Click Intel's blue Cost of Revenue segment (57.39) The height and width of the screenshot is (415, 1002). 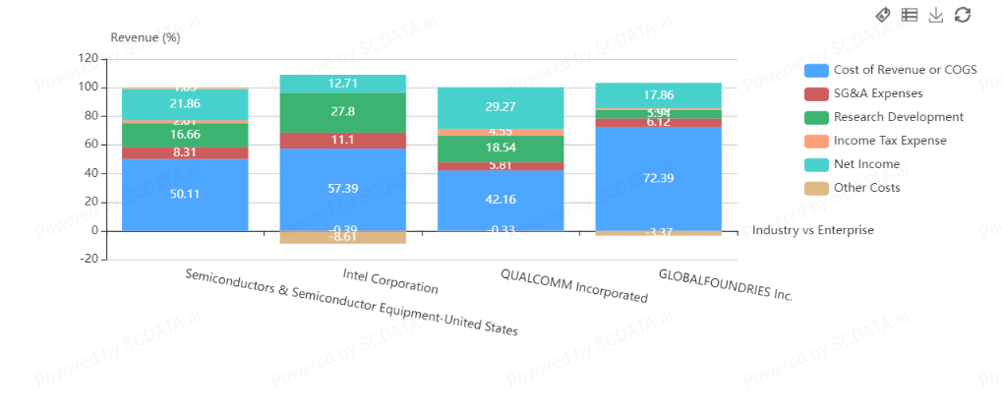342,190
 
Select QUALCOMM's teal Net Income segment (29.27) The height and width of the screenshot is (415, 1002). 501,107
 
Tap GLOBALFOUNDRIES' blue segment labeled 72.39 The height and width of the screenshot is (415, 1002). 658,177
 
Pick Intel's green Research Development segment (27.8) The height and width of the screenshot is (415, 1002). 342,112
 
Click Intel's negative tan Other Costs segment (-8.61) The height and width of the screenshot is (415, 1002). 342,237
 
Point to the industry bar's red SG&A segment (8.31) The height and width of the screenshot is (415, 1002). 185,152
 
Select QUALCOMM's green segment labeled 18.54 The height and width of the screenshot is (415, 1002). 501,148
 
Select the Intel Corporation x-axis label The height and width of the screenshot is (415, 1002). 390,280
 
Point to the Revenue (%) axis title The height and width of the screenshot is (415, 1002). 146,38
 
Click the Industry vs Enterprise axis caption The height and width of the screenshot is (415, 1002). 812,230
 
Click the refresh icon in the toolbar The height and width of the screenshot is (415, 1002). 963,14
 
